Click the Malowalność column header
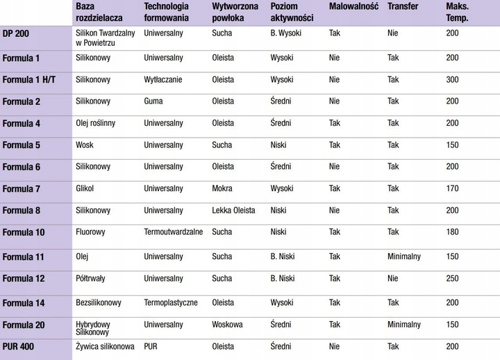click(x=353, y=6)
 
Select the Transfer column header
click(x=403, y=6)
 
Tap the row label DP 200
click(x=16, y=33)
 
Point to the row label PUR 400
click(x=19, y=345)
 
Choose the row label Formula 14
click(x=23, y=303)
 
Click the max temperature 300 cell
click(x=453, y=80)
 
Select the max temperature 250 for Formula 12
click(x=453, y=279)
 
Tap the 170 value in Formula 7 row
click(x=453, y=188)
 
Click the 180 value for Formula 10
click(x=453, y=232)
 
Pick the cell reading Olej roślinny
click(x=95, y=123)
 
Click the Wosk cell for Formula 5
click(x=85, y=145)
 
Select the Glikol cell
click(x=85, y=188)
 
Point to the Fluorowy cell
click(x=91, y=232)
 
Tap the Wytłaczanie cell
click(x=163, y=80)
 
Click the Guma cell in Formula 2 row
click(x=153, y=101)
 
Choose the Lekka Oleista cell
click(x=233, y=211)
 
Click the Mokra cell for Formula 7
click(x=222, y=188)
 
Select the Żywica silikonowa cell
click(x=104, y=345)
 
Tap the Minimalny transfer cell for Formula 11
click(x=404, y=256)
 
